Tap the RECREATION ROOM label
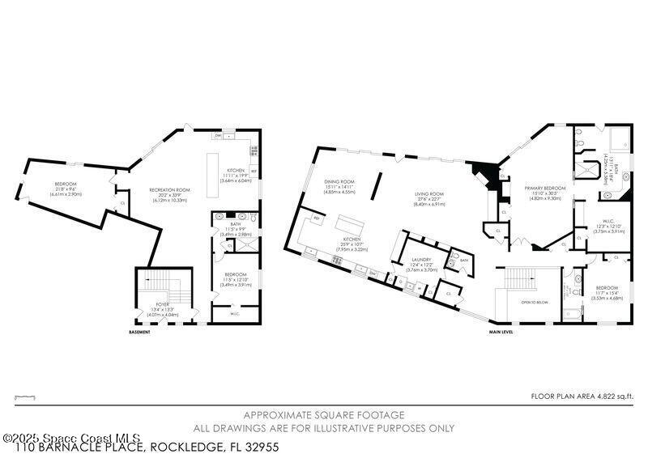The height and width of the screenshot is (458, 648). pos(169,189)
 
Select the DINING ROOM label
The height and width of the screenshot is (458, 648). pos(339,182)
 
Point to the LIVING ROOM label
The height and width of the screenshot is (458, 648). pos(430,194)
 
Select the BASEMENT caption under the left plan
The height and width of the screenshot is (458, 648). pos(140,332)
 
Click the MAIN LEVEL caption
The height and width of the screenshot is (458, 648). pos(501,332)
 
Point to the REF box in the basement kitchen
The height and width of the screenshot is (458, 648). pos(253,171)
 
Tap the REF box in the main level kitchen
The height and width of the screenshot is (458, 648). pos(317,219)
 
